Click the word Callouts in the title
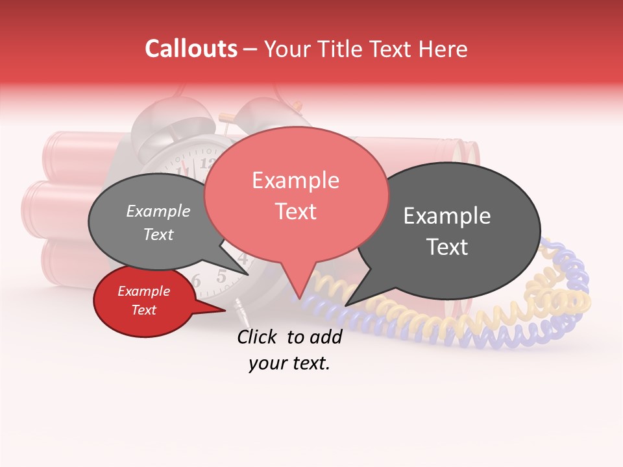point(191,49)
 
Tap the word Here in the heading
point(444,49)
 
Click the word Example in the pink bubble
point(295,180)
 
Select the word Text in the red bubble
point(144,310)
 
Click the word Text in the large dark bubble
point(447,247)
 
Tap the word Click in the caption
point(259,337)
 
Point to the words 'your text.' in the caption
point(289,364)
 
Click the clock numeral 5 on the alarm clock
point(221,277)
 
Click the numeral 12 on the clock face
point(209,163)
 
